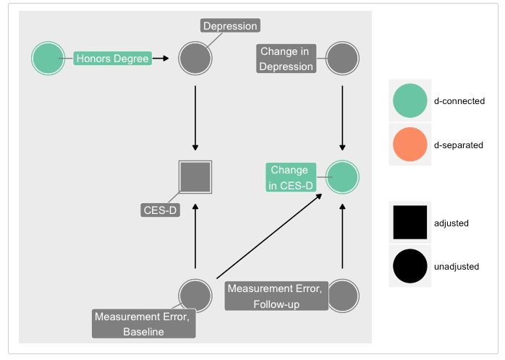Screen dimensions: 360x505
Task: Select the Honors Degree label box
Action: [x=112, y=59]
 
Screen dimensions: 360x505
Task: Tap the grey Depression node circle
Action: [x=195, y=59]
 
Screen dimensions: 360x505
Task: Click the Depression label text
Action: [x=229, y=27]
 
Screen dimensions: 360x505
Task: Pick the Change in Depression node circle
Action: [x=342, y=59]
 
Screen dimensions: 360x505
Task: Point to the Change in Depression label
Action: [x=287, y=59]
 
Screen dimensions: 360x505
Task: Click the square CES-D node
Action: [x=195, y=176]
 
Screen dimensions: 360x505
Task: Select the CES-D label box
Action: [x=160, y=210]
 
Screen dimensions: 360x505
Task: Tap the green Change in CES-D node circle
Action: [x=342, y=176]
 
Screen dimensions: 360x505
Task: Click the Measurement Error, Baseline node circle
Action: [x=195, y=294]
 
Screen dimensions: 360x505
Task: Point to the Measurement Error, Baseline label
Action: [x=144, y=324]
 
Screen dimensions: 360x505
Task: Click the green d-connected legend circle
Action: [x=410, y=100]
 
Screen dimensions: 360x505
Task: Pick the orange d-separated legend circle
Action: [x=410, y=144]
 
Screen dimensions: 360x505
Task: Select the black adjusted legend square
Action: [x=410, y=223]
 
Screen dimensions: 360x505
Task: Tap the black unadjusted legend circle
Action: [x=410, y=266]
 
